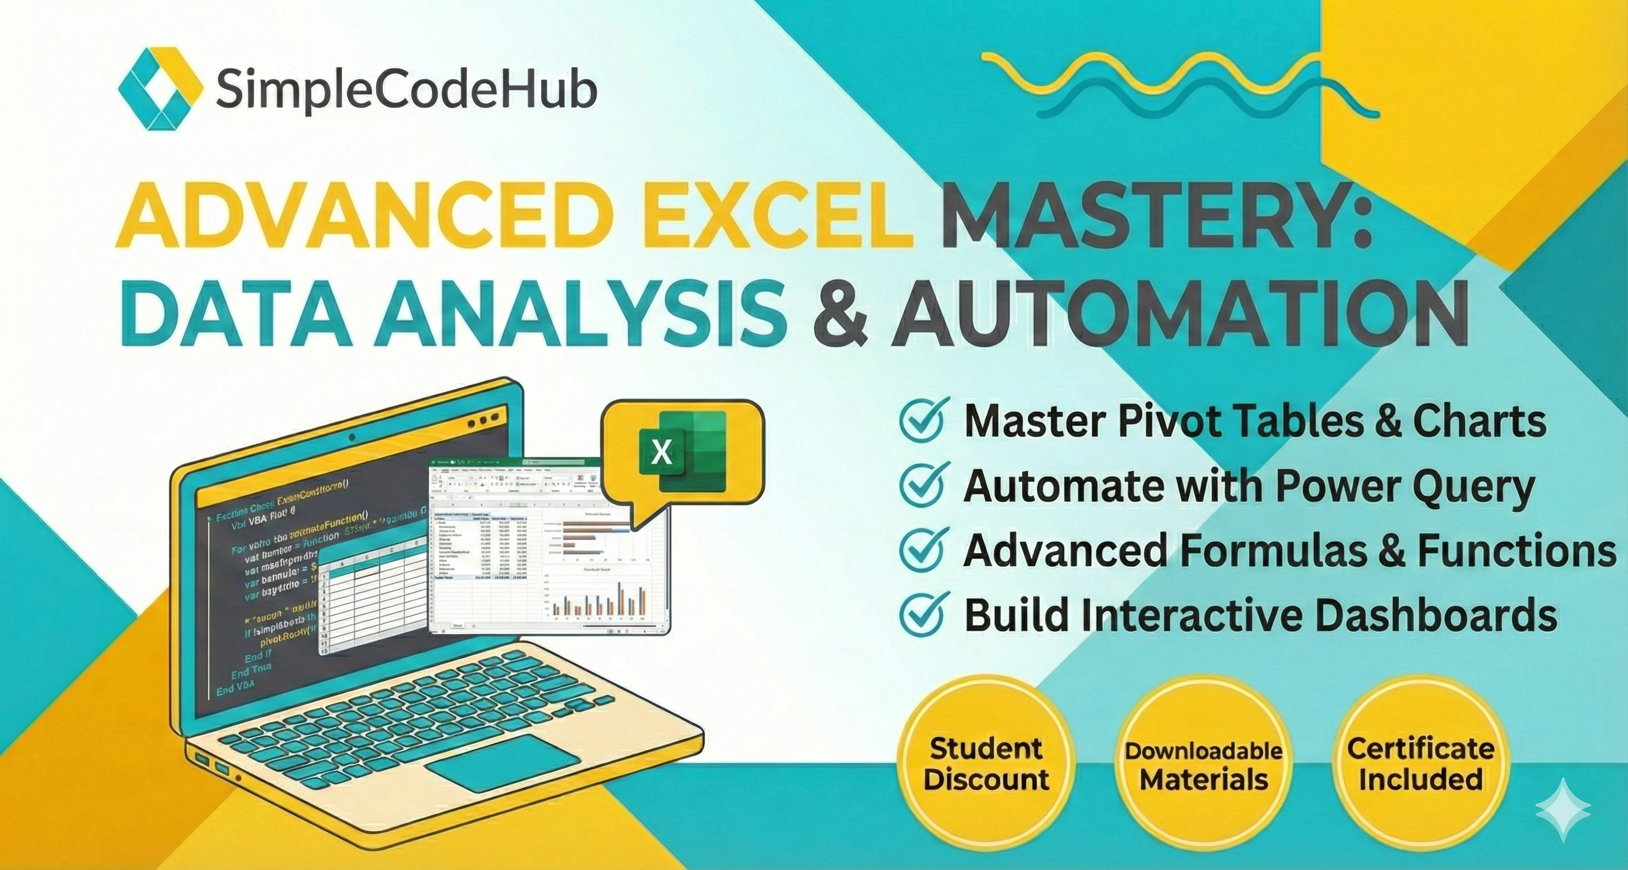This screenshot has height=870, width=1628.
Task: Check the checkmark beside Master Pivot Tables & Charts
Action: coord(924,419)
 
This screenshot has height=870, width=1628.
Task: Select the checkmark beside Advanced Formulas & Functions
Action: coord(924,549)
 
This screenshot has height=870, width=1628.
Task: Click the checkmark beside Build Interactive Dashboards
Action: coord(924,616)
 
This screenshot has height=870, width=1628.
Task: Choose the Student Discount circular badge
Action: coord(986,764)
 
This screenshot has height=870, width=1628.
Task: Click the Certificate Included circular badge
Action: coord(1420,764)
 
